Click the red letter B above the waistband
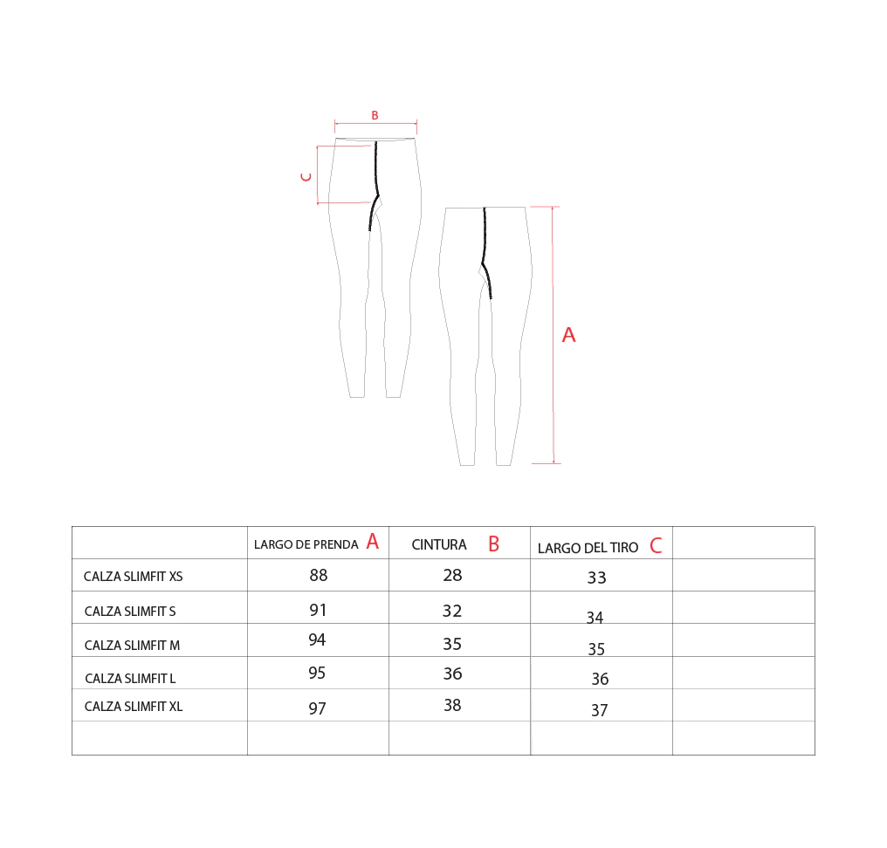coord(375,115)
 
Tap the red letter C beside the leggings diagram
coord(306,177)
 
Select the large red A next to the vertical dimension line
coord(568,335)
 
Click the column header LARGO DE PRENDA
coord(306,544)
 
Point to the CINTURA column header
coord(439,544)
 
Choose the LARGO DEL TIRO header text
coord(588,548)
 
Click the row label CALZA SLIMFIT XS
coord(133,577)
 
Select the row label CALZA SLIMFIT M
coord(132,646)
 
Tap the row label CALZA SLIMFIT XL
coord(134,707)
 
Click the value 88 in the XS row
coord(319,576)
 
